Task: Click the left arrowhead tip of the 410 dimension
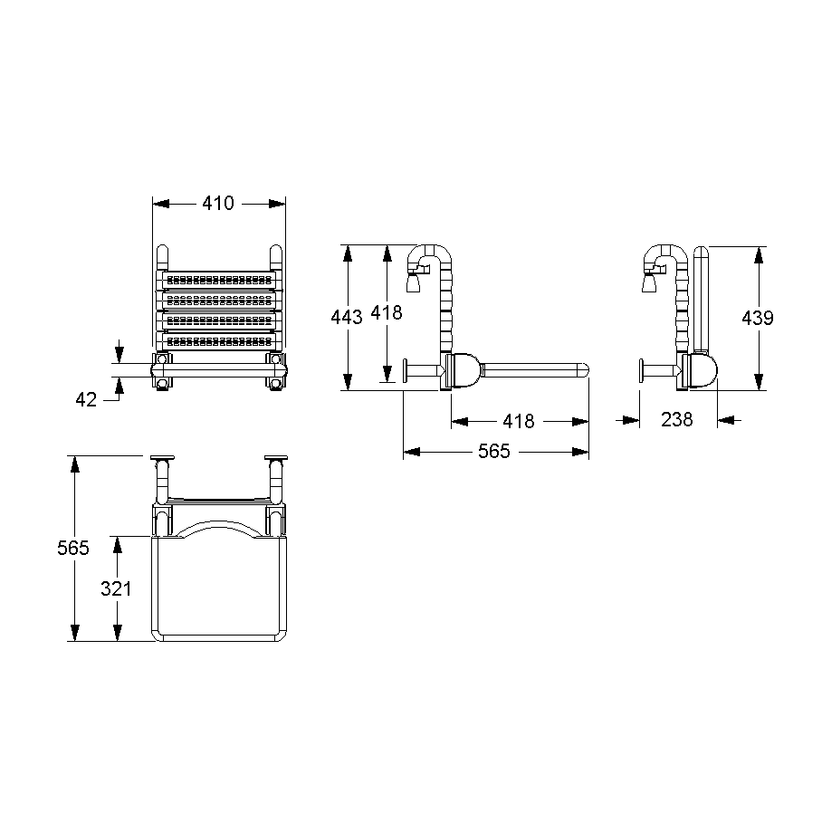point(153,204)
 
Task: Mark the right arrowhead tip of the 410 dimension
point(286,204)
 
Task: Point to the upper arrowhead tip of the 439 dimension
point(758,247)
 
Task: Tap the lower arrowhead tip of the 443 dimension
point(347,390)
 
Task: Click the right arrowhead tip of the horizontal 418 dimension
point(588,422)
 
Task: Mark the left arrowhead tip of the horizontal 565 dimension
point(404,452)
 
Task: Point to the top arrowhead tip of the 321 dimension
point(118,536)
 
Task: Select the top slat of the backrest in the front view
point(219,280)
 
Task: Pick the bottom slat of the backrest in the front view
point(219,341)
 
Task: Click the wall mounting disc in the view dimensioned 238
point(641,370)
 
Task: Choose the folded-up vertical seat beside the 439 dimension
point(701,300)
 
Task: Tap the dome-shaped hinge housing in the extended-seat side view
point(464,370)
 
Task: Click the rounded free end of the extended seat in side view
point(584,370)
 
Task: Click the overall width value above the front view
point(218,204)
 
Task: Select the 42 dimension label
point(86,400)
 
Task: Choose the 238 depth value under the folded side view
point(677,420)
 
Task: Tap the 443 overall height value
point(347,317)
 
